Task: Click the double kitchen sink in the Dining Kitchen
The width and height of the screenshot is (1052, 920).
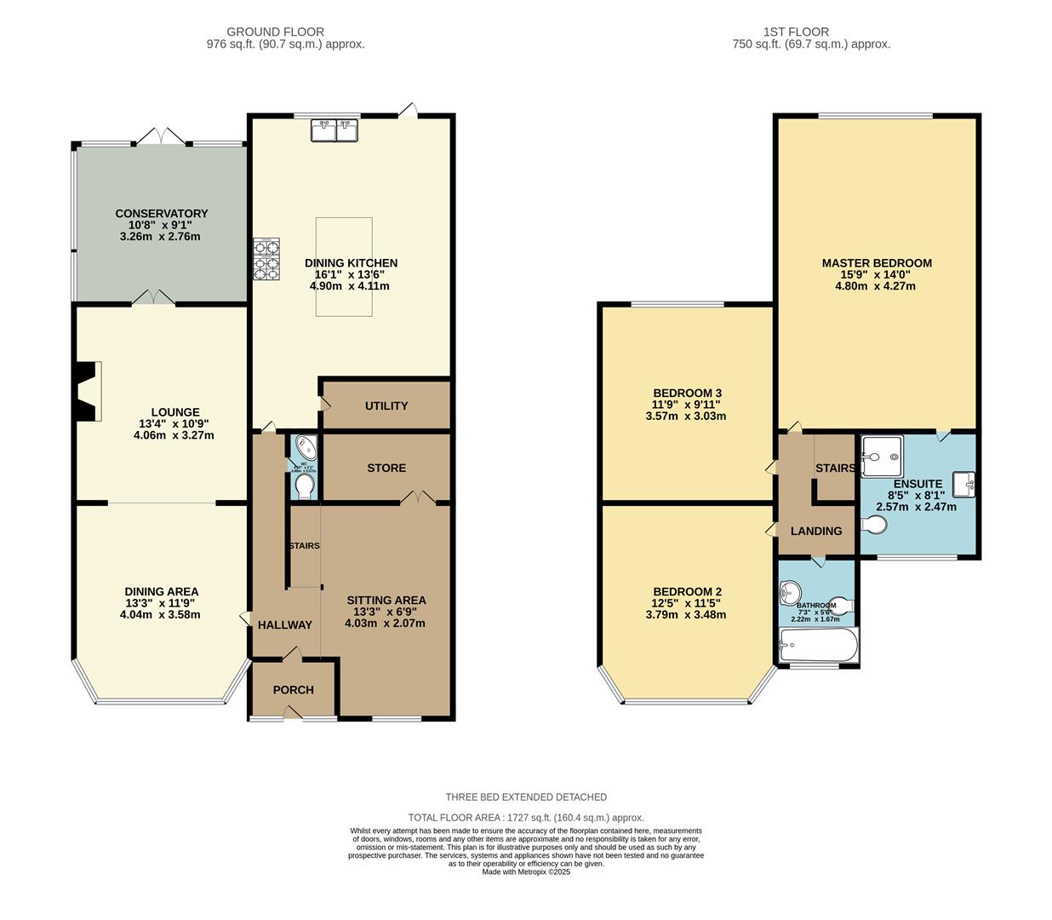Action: pos(335,130)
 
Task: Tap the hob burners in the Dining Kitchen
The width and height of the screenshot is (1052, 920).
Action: pos(266,257)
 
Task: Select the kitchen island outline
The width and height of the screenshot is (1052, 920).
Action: pos(344,267)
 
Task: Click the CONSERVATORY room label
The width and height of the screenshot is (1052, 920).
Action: pos(162,214)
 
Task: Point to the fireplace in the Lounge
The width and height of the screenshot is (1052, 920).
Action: pos(88,391)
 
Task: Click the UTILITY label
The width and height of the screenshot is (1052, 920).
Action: pos(386,406)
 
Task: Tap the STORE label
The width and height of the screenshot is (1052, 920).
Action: pos(386,469)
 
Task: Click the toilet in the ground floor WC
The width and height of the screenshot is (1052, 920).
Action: pos(304,486)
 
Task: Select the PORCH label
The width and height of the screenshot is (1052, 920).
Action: pos(293,690)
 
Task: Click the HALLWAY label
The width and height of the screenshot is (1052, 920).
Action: pos(285,625)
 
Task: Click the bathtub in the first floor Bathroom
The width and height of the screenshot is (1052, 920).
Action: pos(818,647)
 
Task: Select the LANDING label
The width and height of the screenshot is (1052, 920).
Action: pos(816,532)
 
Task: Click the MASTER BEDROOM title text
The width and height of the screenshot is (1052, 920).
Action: pos(877,263)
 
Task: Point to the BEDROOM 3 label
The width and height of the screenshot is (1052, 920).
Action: pos(686,394)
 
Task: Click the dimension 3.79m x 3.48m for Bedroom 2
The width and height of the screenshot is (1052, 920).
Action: pos(686,615)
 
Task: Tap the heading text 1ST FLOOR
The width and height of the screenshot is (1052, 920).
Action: pos(811,32)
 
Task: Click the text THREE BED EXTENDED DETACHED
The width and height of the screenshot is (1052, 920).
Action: pos(526,797)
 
